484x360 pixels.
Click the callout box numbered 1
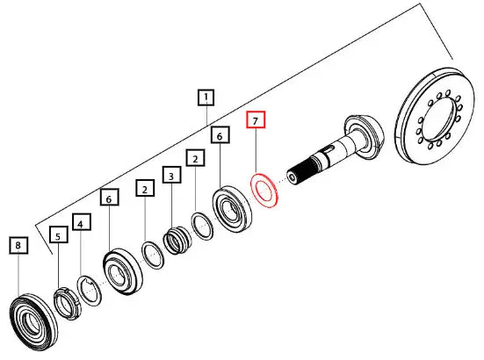click(206, 97)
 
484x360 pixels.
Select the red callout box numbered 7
click(256, 119)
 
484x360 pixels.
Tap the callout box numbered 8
click(18, 245)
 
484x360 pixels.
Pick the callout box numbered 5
click(59, 234)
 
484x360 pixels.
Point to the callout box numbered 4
click(82, 222)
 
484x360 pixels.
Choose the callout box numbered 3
click(171, 175)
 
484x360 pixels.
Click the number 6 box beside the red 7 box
click(220, 135)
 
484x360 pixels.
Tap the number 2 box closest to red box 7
click(195, 158)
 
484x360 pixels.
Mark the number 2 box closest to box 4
click(145, 188)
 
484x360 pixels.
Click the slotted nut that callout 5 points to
click(68, 304)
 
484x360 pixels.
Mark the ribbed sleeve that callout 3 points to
click(177, 240)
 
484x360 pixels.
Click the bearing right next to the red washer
click(232, 208)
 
